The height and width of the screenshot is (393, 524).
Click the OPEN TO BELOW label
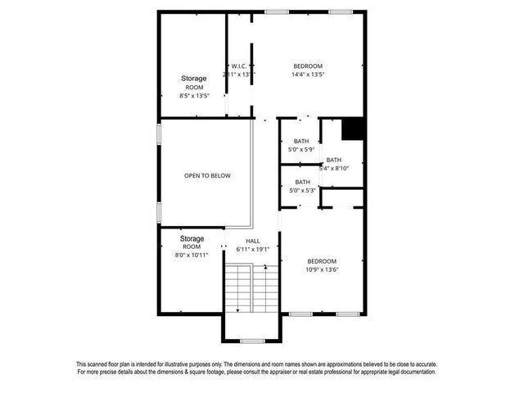pyautogui.click(x=207, y=176)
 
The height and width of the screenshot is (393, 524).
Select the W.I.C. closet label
pyautogui.click(x=239, y=66)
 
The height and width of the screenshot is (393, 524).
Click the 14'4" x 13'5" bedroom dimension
pyautogui.click(x=308, y=75)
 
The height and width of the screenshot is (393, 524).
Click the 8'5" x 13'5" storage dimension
pyautogui.click(x=194, y=96)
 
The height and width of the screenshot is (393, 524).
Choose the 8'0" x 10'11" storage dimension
pyautogui.click(x=192, y=255)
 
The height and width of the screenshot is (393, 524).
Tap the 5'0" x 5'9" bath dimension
pyautogui.click(x=302, y=149)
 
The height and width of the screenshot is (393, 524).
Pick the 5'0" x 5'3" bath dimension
pyautogui.click(x=302, y=190)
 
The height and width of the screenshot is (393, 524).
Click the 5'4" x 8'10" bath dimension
pyautogui.click(x=334, y=168)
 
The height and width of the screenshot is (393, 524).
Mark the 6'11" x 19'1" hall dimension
pyautogui.click(x=252, y=249)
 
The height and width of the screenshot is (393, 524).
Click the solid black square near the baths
pyautogui.click(x=352, y=130)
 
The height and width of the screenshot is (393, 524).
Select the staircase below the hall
pyautogui.click(x=251, y=288)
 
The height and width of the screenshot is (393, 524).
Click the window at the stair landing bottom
pyautogui.click(x=251, y=340)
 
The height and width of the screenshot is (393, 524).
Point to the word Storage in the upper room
pyautogui.click(x=194, y=79)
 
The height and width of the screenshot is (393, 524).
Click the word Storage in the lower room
pyautogui.click(x=192, y=238)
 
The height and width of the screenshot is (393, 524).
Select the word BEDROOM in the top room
pyautogui.click(x=308, y=66)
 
